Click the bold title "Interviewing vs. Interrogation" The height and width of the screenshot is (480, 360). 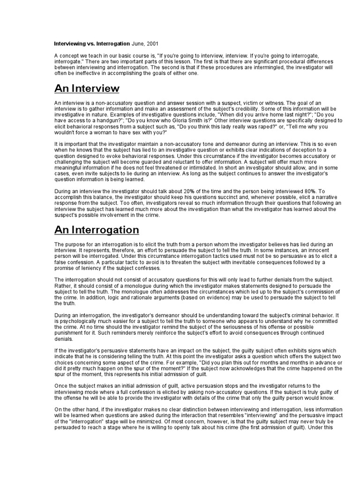(92, 43)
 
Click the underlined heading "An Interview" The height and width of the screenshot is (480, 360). (87, 88)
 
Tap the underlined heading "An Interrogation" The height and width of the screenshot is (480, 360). (97, 230)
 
